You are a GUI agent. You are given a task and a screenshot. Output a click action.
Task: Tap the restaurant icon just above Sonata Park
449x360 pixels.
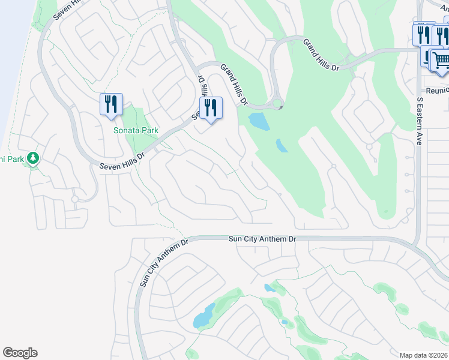coord(111,104)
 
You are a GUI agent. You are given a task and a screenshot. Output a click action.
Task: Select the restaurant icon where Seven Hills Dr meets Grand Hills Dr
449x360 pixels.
coord(211,108)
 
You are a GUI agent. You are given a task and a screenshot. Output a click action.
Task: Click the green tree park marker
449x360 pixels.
coord(33,158)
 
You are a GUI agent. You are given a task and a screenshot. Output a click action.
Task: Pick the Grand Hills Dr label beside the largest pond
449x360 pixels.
coord(234,85)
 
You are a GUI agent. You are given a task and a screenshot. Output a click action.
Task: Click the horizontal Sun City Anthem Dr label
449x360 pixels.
coord(263,239)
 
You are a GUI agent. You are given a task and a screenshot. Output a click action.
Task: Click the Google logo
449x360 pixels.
coord(20,353)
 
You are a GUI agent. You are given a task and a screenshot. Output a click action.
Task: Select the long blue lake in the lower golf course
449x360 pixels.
coord(203,316)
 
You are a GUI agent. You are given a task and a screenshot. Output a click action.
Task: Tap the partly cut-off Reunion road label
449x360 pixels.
coord(438,90)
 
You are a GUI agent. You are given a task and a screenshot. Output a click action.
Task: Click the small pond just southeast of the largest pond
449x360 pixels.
coord(282,146)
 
